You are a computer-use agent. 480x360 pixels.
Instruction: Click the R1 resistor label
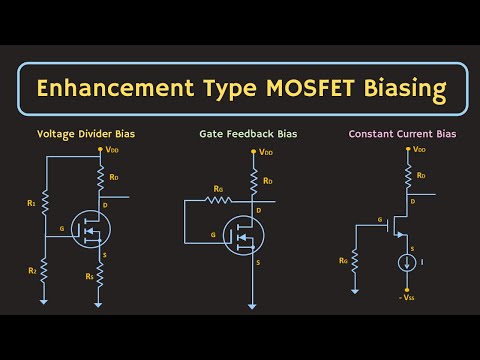click(32, 204)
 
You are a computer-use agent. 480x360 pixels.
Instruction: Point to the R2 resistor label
click(32, 270)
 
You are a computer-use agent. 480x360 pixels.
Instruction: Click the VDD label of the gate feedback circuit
click(265, 153)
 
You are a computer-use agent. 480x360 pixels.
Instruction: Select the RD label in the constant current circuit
click(422, 177)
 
